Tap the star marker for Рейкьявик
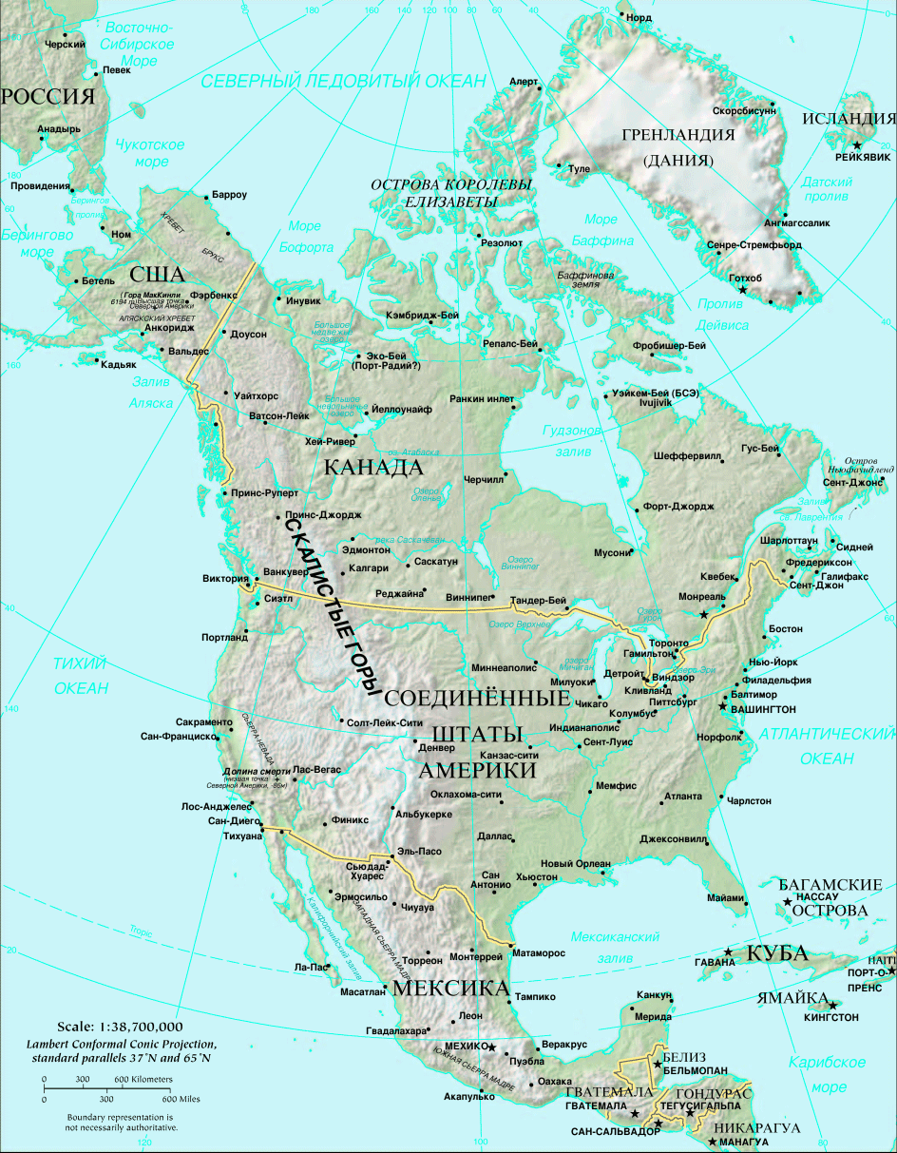(x=857, y=144)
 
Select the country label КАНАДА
(x=372, y=468)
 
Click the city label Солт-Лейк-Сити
(x=385, y=723)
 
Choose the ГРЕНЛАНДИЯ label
(x=678, y=135)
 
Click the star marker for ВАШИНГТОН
(x=724, y=707)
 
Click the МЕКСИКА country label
(x=450, y=989)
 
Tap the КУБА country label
(x=776, y=953)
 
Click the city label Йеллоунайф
(x=401, y=409)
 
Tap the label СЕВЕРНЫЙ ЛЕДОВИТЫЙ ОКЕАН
(x=343, y=81)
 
